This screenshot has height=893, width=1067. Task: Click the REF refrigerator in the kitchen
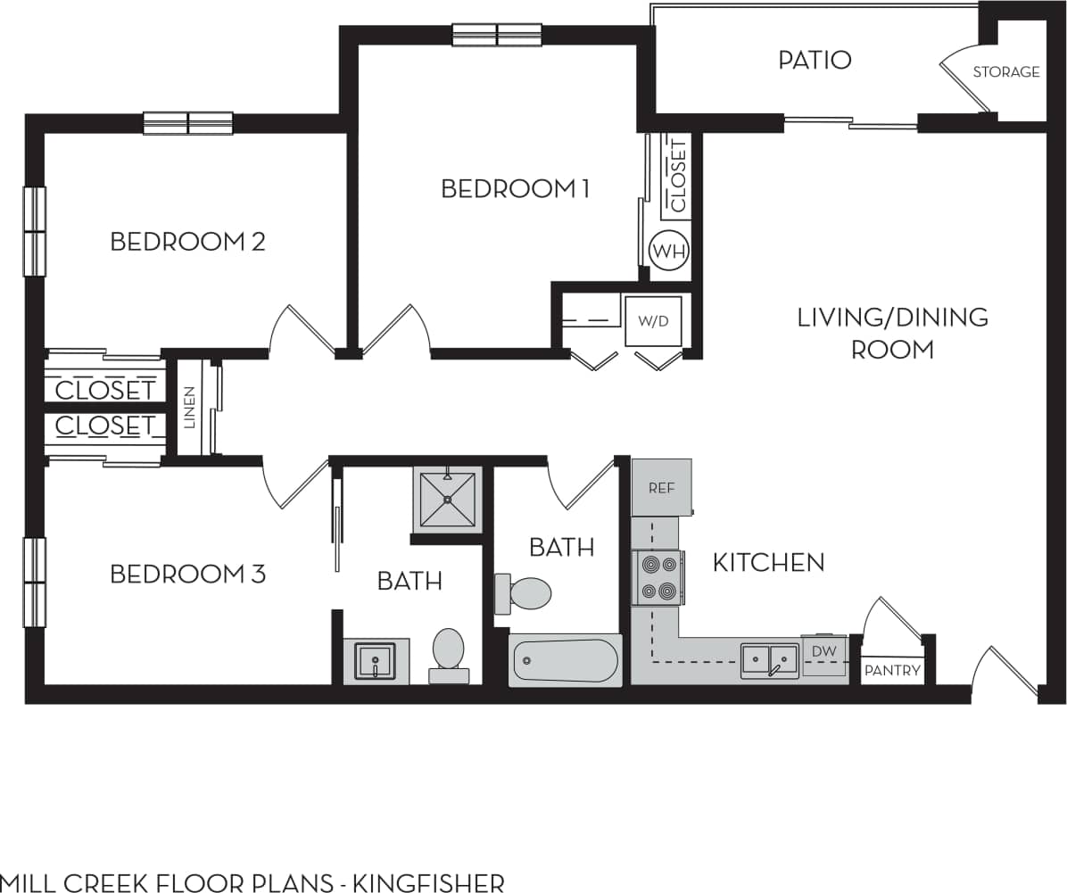[x=661, y=487]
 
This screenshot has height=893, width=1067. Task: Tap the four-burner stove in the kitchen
[x=658, y=577]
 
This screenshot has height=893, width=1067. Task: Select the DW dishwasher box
[x=823, y=652]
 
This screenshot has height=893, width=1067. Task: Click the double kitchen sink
[x=769, y=661]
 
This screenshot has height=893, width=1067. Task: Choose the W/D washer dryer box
[x=653, y=321]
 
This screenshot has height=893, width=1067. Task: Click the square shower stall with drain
[x=447, y=500]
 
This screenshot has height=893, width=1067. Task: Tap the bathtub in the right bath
[x=565, y=661]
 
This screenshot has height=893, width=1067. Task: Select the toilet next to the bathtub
[x=525, y=593]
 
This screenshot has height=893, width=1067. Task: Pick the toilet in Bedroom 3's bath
[x=448, y=654]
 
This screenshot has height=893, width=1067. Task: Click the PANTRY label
[x=892, y=671]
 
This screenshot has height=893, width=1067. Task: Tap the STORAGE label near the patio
[x=1005, y=72]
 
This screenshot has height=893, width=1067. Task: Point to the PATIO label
[x=815, y=61]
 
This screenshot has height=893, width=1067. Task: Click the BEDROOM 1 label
[x=516, y=189]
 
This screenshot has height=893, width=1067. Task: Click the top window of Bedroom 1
[x=497, y=36]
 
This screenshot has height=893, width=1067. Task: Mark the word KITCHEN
[x=768, y=562]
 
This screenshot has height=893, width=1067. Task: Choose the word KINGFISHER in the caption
[x=429, y=883]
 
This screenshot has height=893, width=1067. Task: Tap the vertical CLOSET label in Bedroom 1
[x=678, y=176]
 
